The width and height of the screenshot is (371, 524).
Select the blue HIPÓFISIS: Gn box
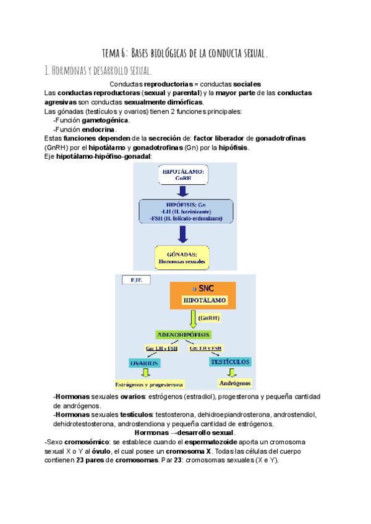(186, 211)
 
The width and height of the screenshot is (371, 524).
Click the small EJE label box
(137, 280)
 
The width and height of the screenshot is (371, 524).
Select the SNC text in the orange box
(205, 289)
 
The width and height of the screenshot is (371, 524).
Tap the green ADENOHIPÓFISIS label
(184, 334)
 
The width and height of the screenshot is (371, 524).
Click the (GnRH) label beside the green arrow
(209, 318)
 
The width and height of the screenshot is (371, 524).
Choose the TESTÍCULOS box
(229, 360)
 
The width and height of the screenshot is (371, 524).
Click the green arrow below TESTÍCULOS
(231, 371)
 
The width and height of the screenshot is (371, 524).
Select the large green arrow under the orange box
(192, 319)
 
